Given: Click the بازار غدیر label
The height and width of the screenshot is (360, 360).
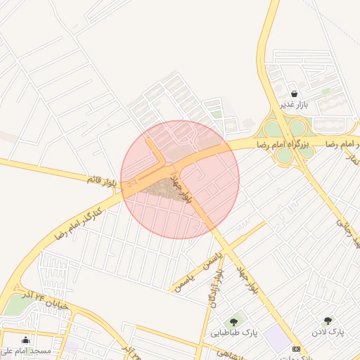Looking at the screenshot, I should click(x=295, y=105).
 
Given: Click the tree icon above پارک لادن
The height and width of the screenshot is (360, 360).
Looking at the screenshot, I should click(x=327, y=321).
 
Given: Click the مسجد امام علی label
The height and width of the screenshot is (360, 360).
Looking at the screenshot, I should click(x=27, y=351).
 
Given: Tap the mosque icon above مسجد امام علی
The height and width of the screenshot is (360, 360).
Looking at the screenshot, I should click(x=27, y=340).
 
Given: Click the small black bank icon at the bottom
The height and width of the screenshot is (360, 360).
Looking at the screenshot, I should click(x=296, y=349).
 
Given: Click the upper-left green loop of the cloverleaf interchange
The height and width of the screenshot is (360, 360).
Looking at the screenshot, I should click(x=271, y=129).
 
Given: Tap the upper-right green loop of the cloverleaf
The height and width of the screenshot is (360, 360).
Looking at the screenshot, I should click(x=298, y=127).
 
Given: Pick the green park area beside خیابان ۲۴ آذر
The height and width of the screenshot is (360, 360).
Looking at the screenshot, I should click(x=15, y=305).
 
